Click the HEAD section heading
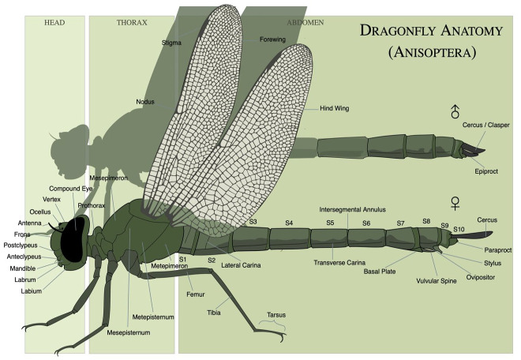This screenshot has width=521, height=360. click(x=54, y=22)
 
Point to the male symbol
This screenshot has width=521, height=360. click(x=455, y=111)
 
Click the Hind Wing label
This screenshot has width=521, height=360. click(x=335, y=108)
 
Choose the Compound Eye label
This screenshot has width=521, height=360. click(x=71, y=189)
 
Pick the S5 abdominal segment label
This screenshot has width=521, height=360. click(x=330, y=223)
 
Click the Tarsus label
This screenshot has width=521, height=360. click(x=276, y=313)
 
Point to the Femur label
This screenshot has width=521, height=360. click(x=195, y=294)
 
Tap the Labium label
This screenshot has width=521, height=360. click(x=32, y=291)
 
